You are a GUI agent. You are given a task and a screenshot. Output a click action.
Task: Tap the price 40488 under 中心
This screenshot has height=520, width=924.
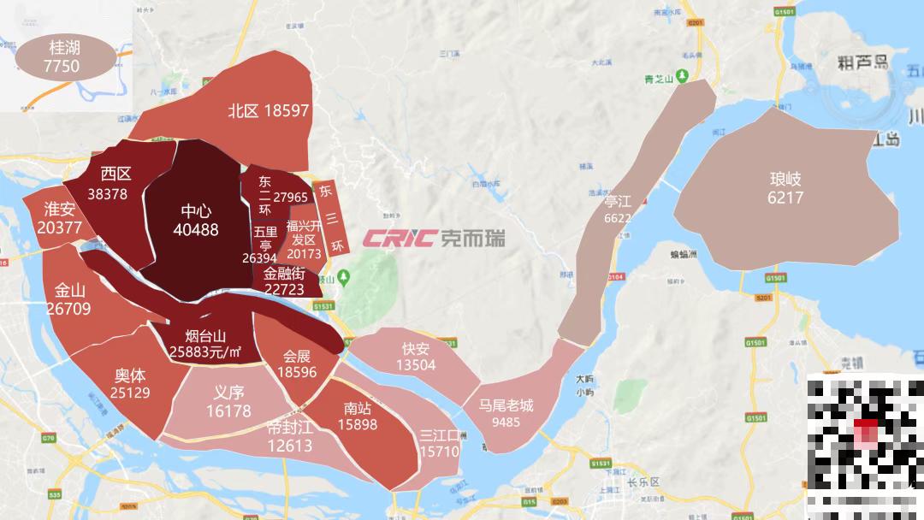(195, 229)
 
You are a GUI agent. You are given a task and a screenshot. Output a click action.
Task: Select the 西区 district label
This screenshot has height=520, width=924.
(115, 174)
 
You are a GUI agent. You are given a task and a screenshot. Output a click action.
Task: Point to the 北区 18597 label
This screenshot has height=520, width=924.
(268, 110)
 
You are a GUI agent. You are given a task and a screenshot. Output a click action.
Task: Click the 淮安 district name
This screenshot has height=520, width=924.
(60, 209)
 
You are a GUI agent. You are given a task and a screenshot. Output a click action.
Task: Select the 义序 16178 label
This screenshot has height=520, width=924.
(228, 402)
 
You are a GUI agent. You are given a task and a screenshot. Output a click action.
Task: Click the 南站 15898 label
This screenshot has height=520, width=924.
(357, 417)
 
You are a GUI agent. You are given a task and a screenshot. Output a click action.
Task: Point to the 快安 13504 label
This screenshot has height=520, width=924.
(416, 357)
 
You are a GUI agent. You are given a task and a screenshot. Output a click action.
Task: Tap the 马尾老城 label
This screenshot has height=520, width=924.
(506, 412)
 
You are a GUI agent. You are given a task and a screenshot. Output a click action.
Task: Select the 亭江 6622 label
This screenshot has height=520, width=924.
(617, 209)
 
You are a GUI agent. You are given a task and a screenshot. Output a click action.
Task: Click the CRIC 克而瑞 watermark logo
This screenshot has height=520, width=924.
(433, 237)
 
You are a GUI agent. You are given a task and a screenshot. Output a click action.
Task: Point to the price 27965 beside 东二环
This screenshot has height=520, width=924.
(290, 198)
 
